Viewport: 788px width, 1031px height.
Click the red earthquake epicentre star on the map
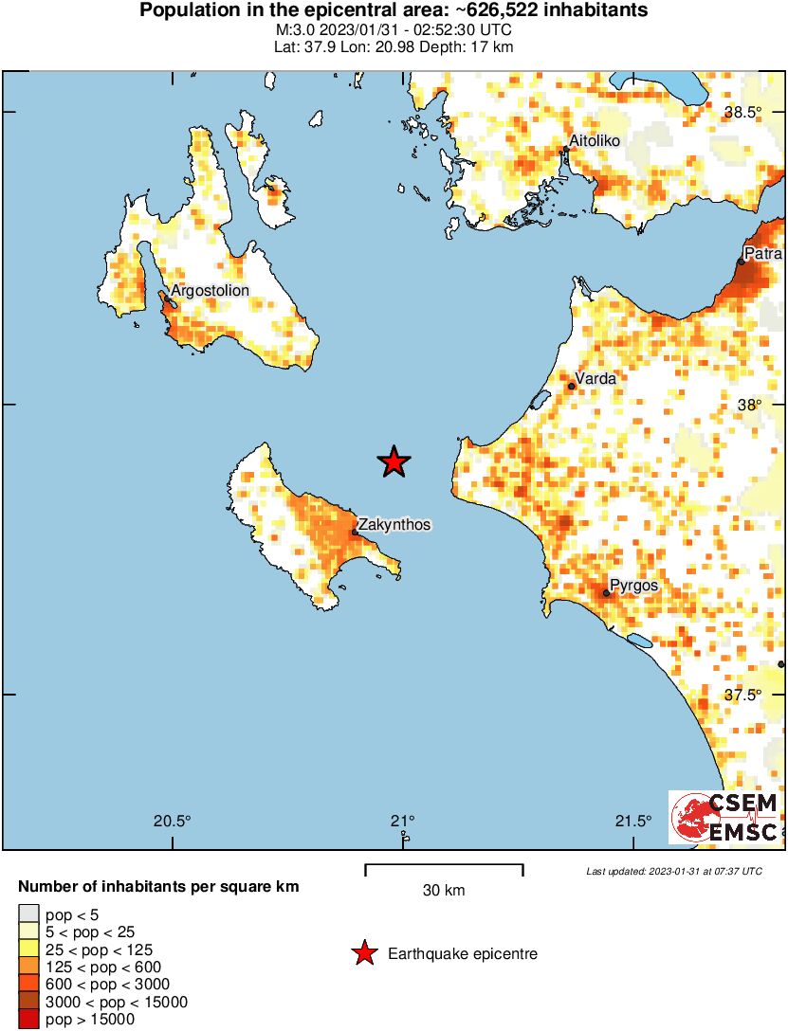pyautogui.click(x=394, y=461)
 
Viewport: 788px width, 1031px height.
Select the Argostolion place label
pyautogui.click(x=210, y=290)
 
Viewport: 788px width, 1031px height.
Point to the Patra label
pyautogui.click(x=762, y=254)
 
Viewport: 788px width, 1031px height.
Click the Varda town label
pyautogui.click(x=596, y=379)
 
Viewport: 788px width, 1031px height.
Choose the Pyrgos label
pyautogui.click(x=633, y=586)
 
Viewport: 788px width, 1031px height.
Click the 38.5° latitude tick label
pyautogui.click(x=742, y=113)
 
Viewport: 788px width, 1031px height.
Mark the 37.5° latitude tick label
pyautogui.click(x=742, y=695)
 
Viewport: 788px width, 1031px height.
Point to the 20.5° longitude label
pyautogui.click(x=173, y=821)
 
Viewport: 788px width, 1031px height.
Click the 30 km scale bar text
pyautogui.click(x=444, y=891)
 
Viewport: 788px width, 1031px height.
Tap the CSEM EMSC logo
pyautogui.click(x=725, y=817)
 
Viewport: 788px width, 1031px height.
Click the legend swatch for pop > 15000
pyautogui.click(x=28, y=1020)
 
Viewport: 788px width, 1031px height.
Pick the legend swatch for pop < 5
pyautogui.click(x=28, y=915)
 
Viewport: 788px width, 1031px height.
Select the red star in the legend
pyautogui.click(x=364, y=954)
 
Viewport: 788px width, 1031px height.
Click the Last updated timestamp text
pyautogui.click(x=673, y=871)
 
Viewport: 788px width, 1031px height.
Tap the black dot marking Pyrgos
pyautogui.click(x=606, y=593)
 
